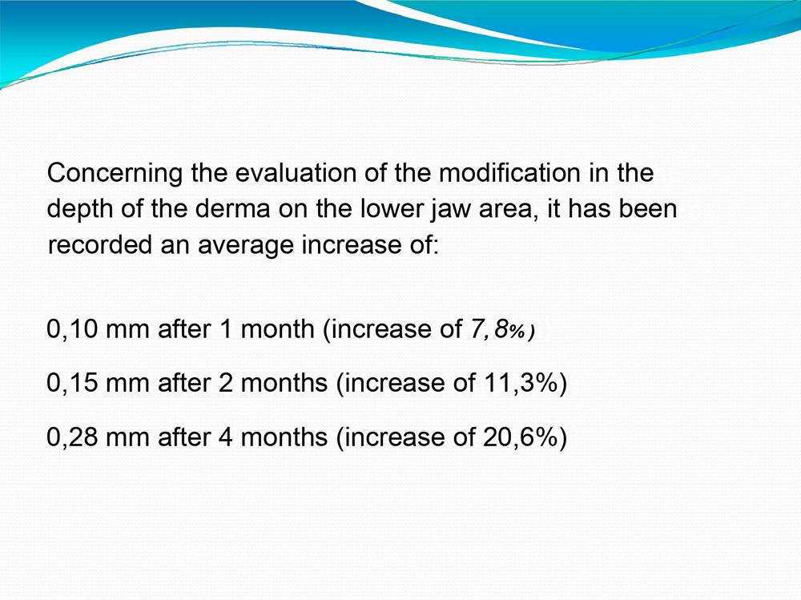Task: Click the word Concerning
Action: [115, 174]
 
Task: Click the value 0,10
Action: [72, 329]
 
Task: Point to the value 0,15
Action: [72, 383]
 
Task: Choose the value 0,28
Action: [72, 437]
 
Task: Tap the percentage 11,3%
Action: [520, 383]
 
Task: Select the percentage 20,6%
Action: [520, 437]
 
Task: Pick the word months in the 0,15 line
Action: [284, 383]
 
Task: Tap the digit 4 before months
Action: [225, 437]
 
